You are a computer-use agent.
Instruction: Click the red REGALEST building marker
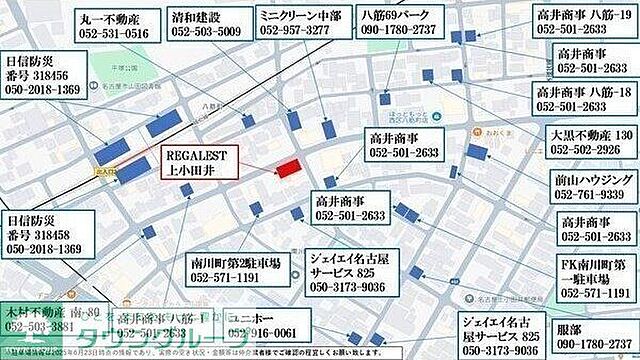coord(289,167)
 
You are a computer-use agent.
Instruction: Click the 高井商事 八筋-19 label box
coord(583,24)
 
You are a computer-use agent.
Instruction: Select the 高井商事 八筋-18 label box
coord(583,100)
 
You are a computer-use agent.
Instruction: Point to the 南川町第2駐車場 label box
coord(236,271)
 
